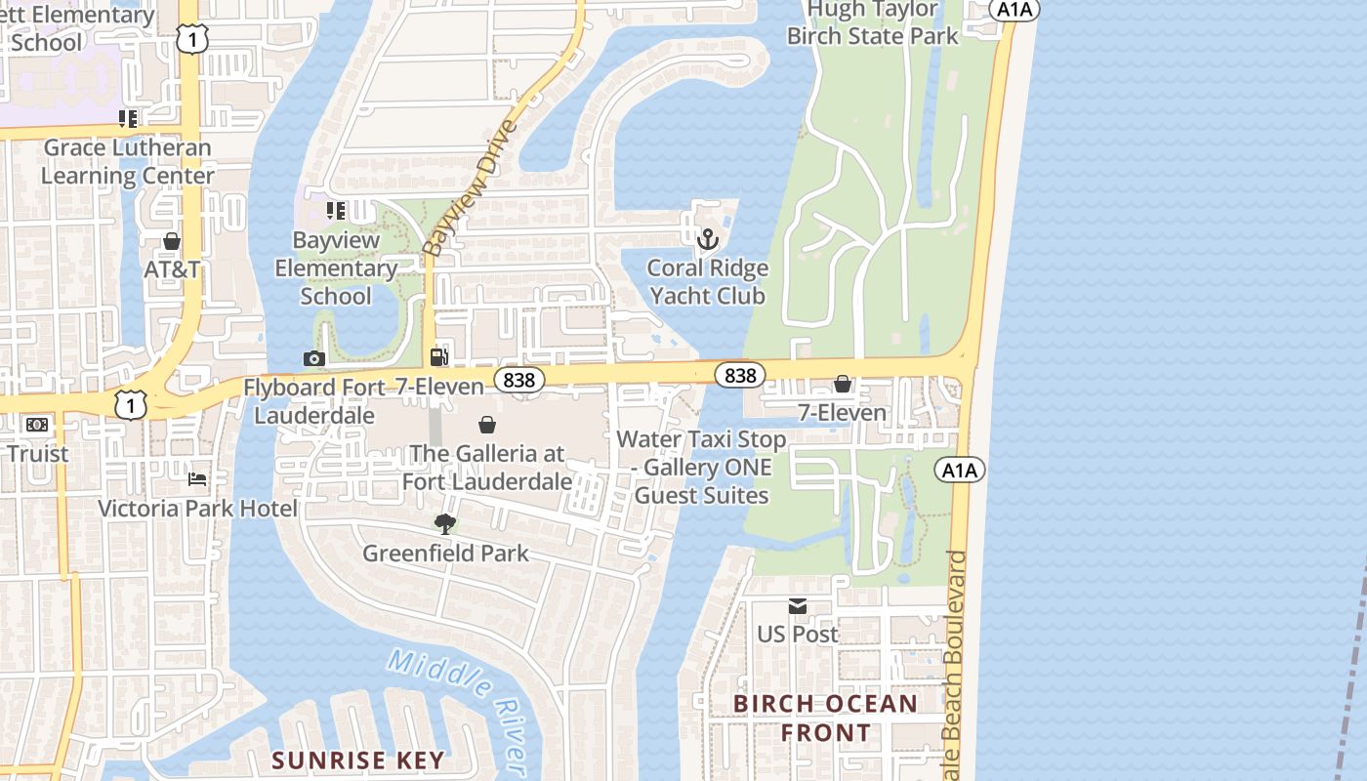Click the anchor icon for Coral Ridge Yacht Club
[x=707, y=239]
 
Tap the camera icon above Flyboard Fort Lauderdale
[x=313, y=358]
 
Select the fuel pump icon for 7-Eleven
[x=439, y=358]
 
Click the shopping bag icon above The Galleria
[x=486, y=425]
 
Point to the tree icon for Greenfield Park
[x=445, y=524]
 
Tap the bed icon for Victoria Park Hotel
[x=197, y=479]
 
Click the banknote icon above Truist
[x=37, y=425]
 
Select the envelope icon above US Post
[x=798, y=606]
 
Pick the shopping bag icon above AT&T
[x=172, y=241]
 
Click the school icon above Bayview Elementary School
[x=336, y=211]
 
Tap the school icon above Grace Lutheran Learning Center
[x=128, y=119]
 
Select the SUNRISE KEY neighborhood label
[x=357, y=760]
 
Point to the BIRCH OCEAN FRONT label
[x=825, y=718]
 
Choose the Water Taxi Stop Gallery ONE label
[x=701, y=468]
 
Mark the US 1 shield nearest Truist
[x=132, y=403]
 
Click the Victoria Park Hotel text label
[x=197, y=509]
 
